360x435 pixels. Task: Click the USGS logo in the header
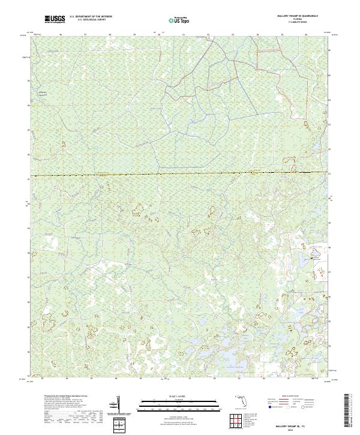[x=55, y=20]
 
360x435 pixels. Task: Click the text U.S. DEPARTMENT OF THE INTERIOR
[x=91, y=18]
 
